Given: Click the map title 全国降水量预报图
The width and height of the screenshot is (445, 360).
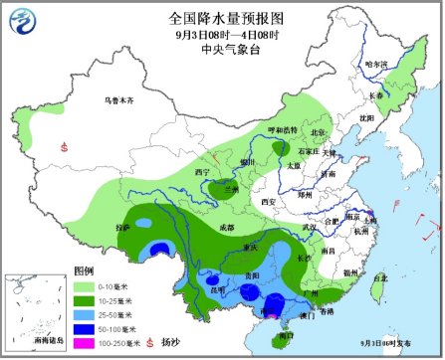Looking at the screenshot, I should coord(222,18).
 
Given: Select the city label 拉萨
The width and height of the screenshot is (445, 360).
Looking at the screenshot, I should coord(122,228).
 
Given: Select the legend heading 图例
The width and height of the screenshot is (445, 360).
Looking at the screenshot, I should coord(84,270).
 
